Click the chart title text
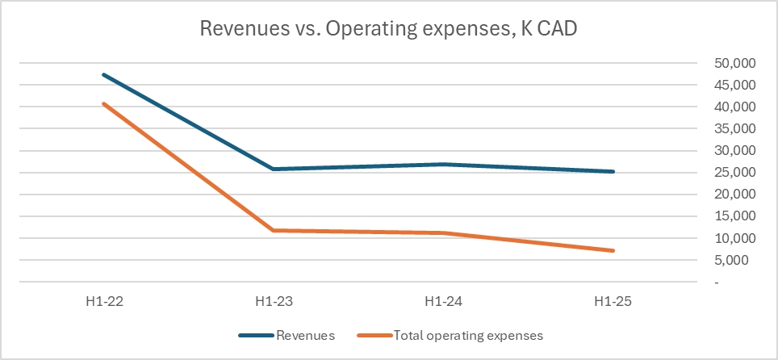pyautogui.click(x=388, y=29)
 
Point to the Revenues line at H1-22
pyautogui.click(x=103, y=75)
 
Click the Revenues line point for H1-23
pyautogui.click(x=273, y=169)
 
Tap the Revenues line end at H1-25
pyautogui.click(x=613, y=171)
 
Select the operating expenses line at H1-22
pyautogui.click(x=103, y=103)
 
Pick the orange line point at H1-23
pyautogui.click(x=273, y=230)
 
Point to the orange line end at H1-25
pyautogui.click(x=613, y=250)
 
